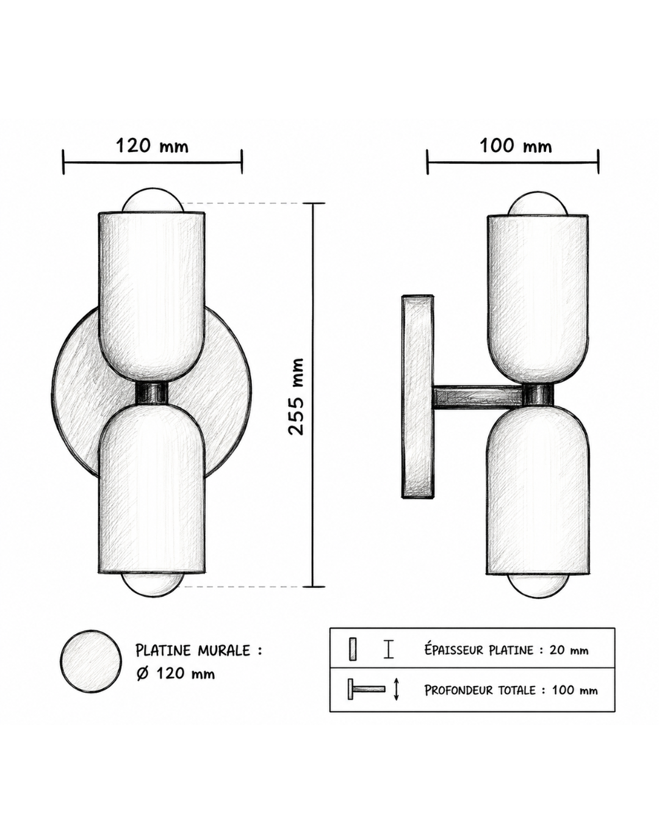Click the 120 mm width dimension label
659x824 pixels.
[152, 146]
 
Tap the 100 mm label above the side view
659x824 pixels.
[516, 146]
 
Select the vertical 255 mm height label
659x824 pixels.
[296, 397]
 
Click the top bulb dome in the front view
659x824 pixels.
[152, 201]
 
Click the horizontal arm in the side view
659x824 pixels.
[478, 396]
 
